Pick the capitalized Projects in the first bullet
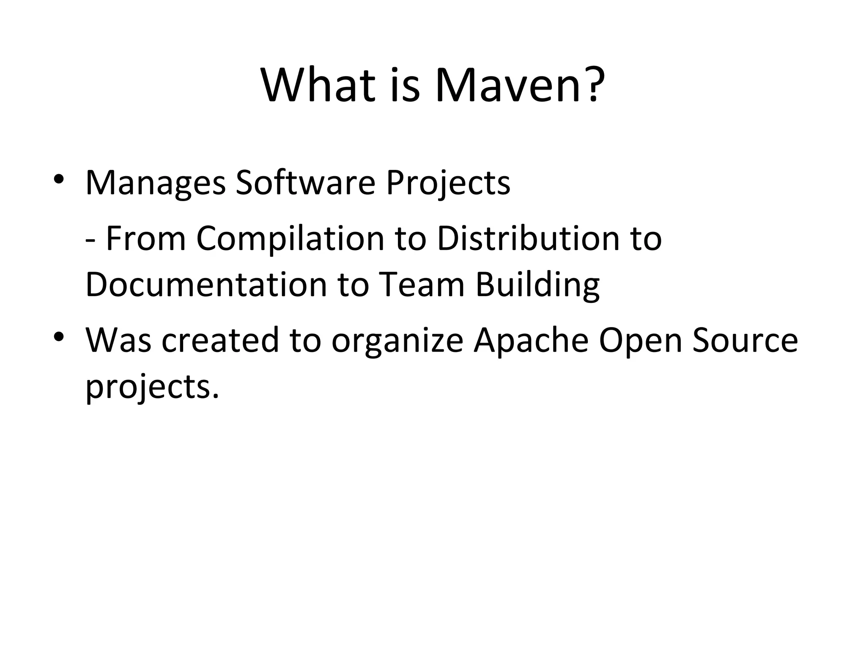tap(448, 183)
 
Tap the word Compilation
tap(290, 239)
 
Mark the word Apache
tap(531, 340)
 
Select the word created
tap(220, 340)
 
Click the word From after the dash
tap(146, 239)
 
